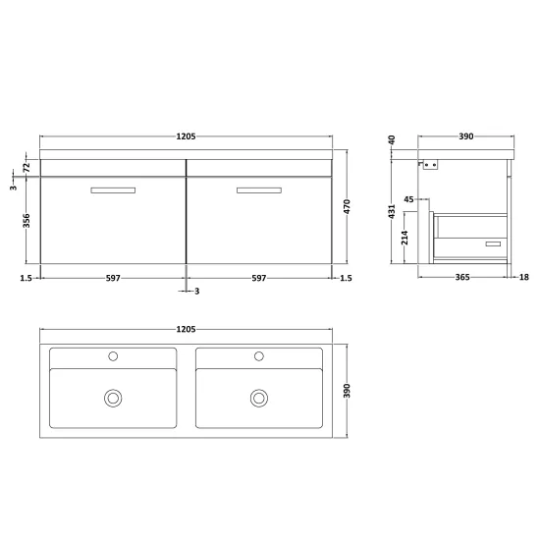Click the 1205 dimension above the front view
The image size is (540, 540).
[186, 136]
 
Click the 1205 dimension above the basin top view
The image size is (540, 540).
[186, 329]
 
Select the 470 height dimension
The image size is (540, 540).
[347, 206]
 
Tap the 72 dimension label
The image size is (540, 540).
[27, 168]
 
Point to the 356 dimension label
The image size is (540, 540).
[27, 220]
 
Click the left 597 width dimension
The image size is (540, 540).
[113, 278]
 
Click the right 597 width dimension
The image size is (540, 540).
[259, 278]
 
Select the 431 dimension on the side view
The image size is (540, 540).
[392, 211]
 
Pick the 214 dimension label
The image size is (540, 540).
[405, 238]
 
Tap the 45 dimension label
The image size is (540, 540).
[408, 199]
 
